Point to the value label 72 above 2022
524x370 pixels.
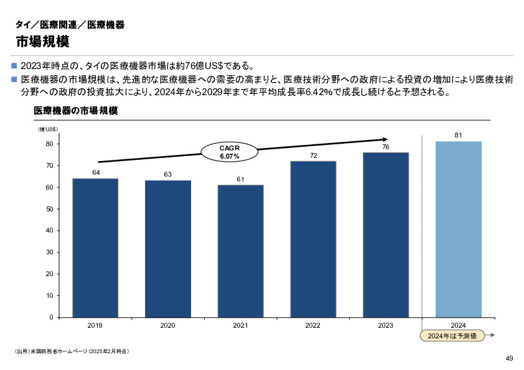pyautogui.click(x=314, y=155)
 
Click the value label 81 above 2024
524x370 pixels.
pyautogui.click(x=458, y=135)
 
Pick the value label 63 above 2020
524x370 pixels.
pyautogui.click(x=167, y=174)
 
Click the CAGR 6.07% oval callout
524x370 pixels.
pyautogui.click(x=230, y=152)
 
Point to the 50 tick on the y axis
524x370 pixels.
pyautogui.click(x=49, y=209)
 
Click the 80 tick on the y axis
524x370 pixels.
pyautogui.click(x=49, y=144)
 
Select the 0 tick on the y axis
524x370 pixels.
pyautogui.click(x=50, y=317)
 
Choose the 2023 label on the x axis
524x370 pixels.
pyautogui.click(x=385, y=325)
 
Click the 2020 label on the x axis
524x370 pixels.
pyautogui.click(x=167, y=325)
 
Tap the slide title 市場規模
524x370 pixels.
pyautogui.click(x=42, y=42)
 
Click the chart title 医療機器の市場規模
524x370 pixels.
pyautogui.click(x=75, y=111)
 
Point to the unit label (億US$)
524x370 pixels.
pyautogui.click(x=48, y=129)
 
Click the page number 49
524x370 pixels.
pyautogui.click(x=509, y=358)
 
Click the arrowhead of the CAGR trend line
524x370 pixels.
pyautogui.click(x=385, y=139)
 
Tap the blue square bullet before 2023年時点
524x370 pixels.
pyautogui.click(x=15, y=65)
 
